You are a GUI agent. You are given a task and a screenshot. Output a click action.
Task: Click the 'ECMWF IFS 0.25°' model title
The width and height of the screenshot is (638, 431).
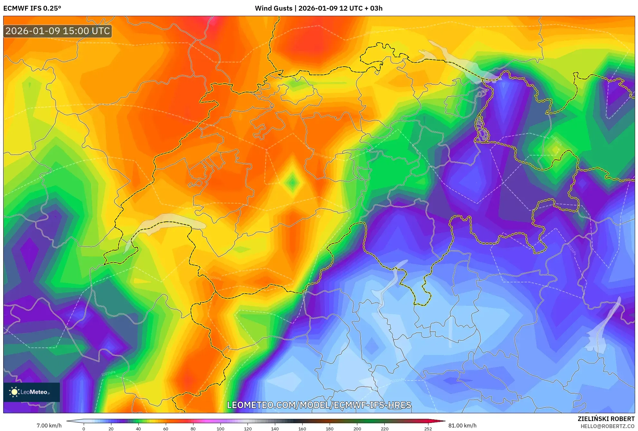(x=32, y=8)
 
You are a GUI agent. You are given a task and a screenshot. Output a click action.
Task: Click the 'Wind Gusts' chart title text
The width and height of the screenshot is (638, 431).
(x=274, y=8)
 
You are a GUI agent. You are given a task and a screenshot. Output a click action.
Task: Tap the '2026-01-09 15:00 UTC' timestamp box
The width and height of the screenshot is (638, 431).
(x=58, y=31)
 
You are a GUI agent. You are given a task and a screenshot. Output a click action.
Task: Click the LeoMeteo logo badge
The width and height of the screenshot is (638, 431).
(x=32, y=392)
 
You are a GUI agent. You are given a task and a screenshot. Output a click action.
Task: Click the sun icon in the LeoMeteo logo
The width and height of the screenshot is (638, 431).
(x=14, y=392)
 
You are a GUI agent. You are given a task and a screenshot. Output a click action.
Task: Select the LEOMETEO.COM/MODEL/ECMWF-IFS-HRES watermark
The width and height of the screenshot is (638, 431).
(x=319, y=405)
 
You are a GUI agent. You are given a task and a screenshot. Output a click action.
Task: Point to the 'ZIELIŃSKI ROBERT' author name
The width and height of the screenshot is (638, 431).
(x=606, y=419)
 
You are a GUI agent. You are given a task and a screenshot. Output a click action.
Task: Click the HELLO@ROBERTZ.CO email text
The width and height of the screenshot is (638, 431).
(x=607, y=426)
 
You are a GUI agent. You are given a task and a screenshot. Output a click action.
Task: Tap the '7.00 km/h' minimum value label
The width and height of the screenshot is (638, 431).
(x=49, y=426)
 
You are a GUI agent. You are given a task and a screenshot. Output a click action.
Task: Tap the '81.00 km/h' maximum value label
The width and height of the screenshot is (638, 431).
(x=462, y=426)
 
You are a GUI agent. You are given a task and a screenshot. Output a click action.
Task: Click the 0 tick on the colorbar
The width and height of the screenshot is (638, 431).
(x=84, y=428)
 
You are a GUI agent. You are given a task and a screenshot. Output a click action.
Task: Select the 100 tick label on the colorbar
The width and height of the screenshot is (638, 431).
(x=220, y=428)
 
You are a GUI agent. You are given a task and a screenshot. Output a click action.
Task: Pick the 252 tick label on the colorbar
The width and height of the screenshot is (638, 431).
(x=428, y=428)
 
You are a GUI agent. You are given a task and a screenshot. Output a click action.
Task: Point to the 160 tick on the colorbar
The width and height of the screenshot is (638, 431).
(x=302, y=428)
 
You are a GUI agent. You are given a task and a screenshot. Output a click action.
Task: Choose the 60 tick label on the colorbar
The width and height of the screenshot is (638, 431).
(x=165, y=428)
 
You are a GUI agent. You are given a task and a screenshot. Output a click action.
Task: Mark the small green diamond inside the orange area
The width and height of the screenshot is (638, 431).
(x=292, y=183)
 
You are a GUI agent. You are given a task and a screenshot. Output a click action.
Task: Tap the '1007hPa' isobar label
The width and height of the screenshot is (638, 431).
(x=108, y=373)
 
